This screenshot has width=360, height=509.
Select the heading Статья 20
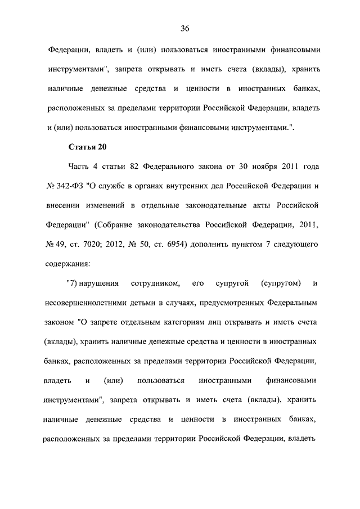point(87,147)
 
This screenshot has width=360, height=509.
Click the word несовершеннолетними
point(84,302)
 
